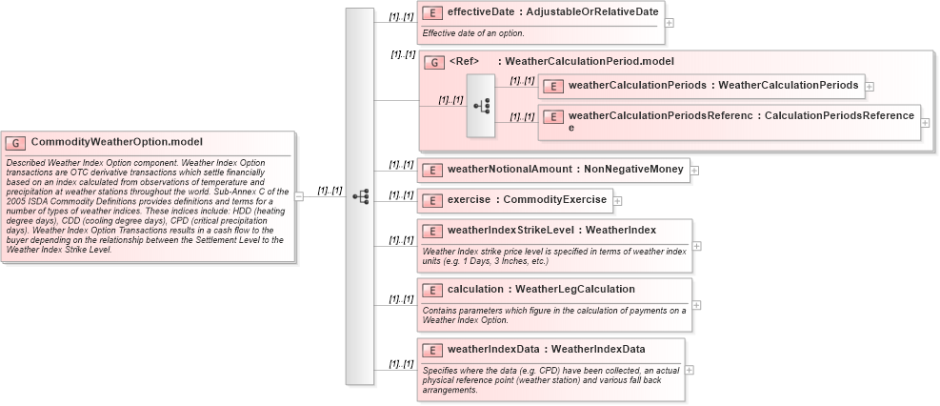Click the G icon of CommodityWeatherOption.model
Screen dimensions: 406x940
16,142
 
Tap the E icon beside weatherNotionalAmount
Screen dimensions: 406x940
431,171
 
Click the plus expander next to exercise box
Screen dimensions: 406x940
618,201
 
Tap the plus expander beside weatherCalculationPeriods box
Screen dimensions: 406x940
870,86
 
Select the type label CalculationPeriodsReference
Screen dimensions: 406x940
839,116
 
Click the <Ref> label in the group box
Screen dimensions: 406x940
464,62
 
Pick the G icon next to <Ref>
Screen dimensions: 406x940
433,63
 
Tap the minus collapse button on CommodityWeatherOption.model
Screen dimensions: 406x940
298,196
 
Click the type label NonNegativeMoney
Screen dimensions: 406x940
633,171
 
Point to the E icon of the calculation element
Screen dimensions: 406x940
431,289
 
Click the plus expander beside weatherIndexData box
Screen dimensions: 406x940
690,370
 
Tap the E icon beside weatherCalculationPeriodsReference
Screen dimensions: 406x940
552,116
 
